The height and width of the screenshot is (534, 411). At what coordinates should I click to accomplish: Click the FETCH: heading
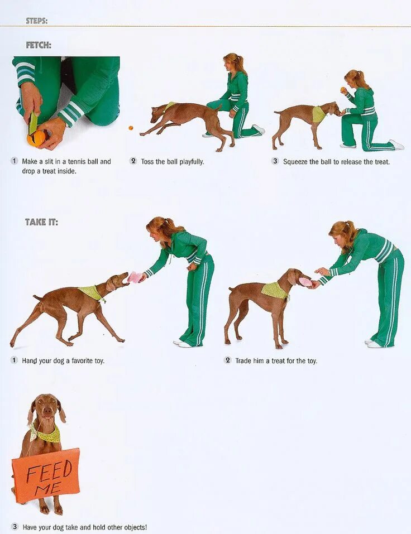coord(39,45)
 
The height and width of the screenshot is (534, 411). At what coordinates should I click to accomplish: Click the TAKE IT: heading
coord(41,222)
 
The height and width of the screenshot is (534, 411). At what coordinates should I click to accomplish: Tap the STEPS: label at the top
coord(36,21)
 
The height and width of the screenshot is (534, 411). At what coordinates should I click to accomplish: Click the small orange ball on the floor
coord(131,128)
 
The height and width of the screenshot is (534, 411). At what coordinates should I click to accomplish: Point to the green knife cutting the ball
coord(33,123)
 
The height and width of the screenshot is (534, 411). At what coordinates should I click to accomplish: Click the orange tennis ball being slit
coord(36,138)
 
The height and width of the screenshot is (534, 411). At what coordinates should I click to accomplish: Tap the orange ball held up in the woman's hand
coord(342,90)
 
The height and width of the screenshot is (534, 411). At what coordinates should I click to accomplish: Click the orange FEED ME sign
coord(46,475)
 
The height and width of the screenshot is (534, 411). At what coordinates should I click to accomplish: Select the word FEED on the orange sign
coord(49,470)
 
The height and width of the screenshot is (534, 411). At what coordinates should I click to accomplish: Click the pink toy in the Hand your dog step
coord(135,277)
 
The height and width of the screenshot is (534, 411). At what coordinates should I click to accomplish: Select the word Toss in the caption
coord(147,161)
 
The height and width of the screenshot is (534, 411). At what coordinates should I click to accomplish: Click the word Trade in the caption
coord(243,360)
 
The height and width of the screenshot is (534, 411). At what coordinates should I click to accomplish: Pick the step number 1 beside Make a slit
coord(15,161)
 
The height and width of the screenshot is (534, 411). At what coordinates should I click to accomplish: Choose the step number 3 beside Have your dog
coord(15,527)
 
